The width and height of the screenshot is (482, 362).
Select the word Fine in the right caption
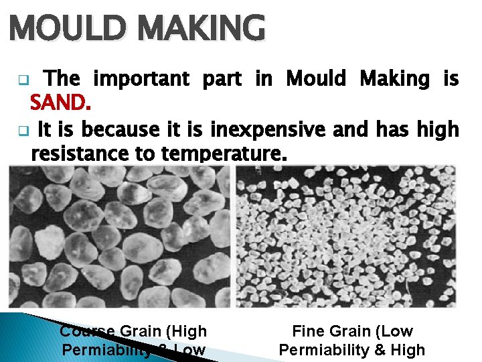[x=307, y=331]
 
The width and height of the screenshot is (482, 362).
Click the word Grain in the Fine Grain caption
[x=349, y=331]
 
